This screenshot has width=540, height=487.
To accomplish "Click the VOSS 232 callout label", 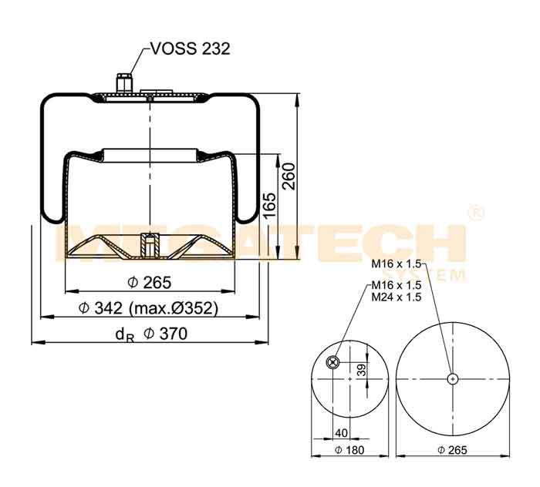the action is pos(191,49).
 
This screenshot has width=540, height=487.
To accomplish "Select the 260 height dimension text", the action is pos(289,176).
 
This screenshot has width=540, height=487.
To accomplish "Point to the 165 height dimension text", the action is pos(269,205).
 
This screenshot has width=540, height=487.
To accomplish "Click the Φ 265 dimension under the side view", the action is pos(149,283).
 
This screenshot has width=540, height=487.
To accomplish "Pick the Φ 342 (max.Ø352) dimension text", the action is pos(148,307).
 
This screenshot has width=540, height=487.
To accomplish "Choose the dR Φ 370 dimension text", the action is pos(151,334).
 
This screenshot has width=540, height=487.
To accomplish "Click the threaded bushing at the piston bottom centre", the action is pos(150,245).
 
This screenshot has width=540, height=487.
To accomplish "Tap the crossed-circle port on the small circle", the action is pos(332,362).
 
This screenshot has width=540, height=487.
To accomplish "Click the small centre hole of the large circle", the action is pos(453,379).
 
